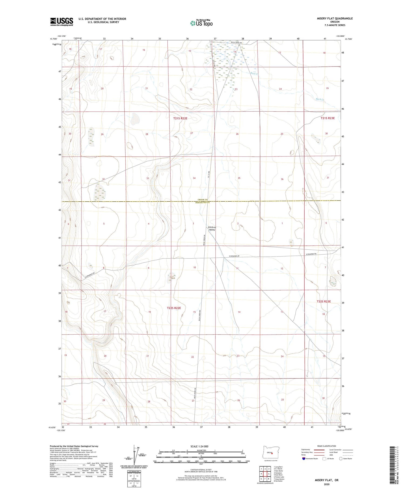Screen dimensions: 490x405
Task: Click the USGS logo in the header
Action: [x=62, y=22]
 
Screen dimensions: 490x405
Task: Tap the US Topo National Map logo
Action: [x=201, y=23]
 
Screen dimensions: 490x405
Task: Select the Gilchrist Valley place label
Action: [x=212, y=228]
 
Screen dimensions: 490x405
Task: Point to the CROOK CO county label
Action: [x=202, y=200]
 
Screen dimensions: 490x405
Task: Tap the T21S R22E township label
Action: [x=180, y=118]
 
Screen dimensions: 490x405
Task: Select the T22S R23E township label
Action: [x=323, y=301]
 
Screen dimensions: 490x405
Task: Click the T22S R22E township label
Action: [x=174, y=308]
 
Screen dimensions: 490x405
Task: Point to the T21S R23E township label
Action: [x=328, y=118]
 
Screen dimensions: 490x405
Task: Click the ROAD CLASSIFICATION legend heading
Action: [x=326, y=446]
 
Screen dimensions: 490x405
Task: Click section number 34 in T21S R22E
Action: [x=194, y=178]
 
